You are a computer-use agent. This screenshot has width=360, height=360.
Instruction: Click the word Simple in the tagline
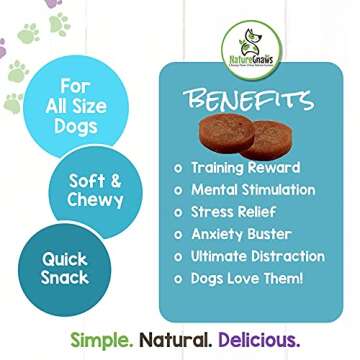point(93,336)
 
